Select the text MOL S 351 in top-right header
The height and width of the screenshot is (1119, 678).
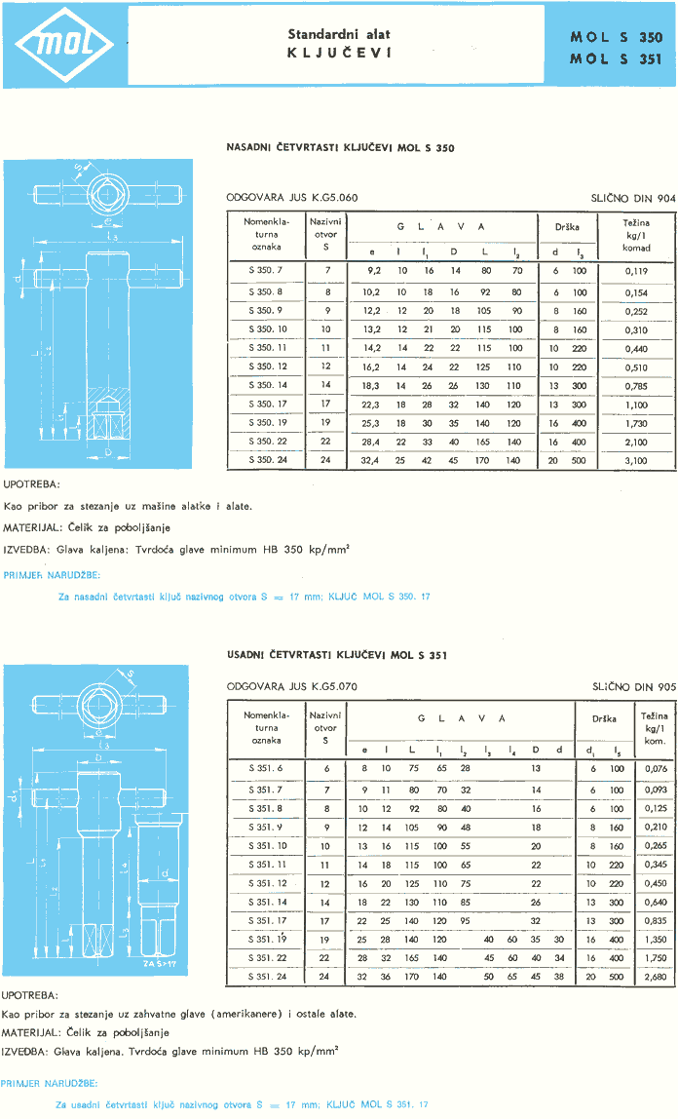coord(616,58)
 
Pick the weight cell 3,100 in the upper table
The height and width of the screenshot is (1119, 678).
coord(636,459)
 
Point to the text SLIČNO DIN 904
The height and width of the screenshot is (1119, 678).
coord(632,198)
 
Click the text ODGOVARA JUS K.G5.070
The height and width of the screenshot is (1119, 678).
coord(292,686)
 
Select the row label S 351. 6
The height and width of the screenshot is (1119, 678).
coord(265,768)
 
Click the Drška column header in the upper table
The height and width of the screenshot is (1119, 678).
coord(567,227)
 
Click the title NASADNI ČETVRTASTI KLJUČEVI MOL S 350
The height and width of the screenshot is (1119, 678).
coord(340,148)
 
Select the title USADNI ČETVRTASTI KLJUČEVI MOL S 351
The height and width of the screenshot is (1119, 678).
coord(336,655)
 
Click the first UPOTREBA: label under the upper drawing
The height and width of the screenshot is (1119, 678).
coord(32,483)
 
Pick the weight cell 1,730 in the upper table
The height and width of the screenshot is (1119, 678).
coord(636,422)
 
